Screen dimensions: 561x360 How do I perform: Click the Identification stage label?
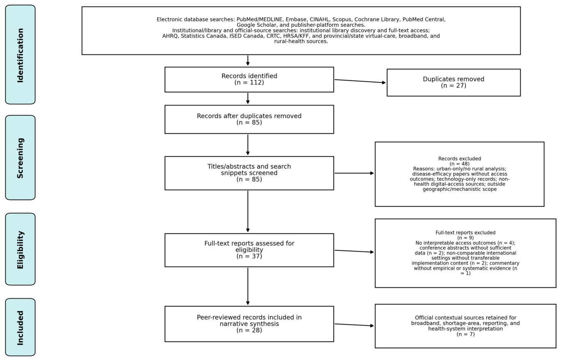pos(20,55)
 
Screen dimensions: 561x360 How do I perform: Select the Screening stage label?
pos(20,158)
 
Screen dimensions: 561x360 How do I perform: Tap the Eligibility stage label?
pos(20,250)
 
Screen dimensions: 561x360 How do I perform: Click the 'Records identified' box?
pos(249,79)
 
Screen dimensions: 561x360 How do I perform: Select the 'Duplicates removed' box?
pos(453,83)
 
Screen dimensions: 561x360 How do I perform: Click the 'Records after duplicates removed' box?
pos(249,119)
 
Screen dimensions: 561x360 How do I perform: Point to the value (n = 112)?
pos(249,83)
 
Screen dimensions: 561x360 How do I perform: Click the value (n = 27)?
pos(453,85)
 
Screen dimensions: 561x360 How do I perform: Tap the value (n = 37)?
pos(249,256)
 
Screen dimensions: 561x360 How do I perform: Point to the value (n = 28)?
pos(249,330)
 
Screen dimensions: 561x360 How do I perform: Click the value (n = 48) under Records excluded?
pos(460,164)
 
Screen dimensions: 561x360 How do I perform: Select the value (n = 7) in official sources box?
pos(465,334)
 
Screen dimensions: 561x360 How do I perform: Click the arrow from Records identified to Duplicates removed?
pos(360,81)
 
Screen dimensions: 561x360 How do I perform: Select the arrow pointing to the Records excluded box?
pos(354,173)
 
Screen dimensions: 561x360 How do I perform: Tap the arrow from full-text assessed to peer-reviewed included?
pos(248,287)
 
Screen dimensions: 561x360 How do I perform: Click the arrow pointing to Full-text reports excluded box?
pos(354,251)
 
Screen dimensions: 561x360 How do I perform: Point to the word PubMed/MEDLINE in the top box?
pos(259,19)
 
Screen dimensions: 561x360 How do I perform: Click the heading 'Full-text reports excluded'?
pos(465,233)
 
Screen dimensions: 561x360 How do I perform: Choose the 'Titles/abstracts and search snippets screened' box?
pos(249,173)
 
